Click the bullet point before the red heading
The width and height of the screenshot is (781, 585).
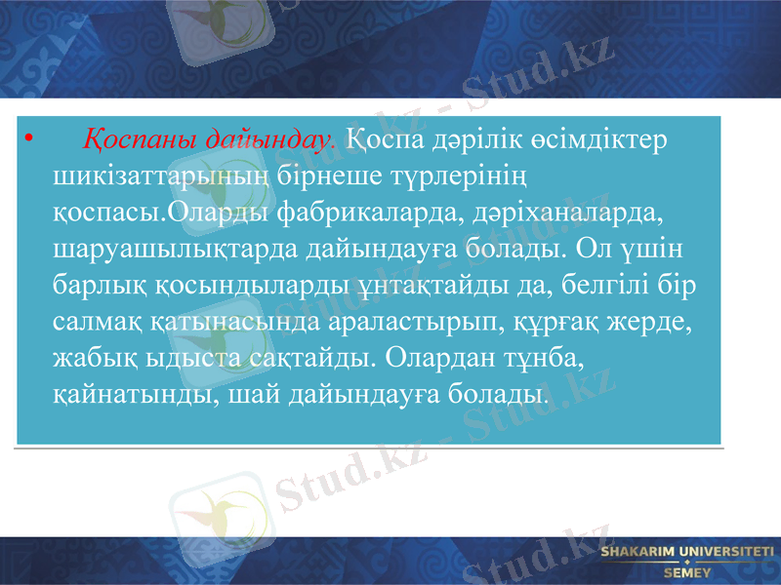tap(30, 139)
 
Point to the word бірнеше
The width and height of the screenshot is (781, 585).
tap(346, 175)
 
